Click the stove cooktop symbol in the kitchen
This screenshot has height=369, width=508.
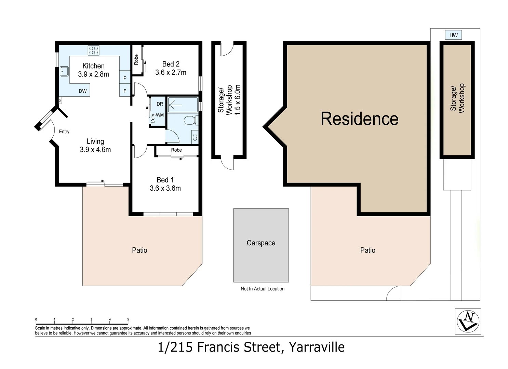tap(93, 51)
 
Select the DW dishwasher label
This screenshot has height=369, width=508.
tap(83, 91)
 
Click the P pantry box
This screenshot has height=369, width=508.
tap(125, 78)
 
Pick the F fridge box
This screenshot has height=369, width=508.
tap(125, 91)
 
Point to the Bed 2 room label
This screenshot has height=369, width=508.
tap(171, 64)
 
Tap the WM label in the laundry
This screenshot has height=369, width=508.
tap(160, 115)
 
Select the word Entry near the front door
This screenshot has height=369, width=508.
tap(64, 132)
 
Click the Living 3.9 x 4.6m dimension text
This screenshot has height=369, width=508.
tap(95, 150)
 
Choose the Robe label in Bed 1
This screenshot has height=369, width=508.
tap(176, 150)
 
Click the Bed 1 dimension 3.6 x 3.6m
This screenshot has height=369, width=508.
tap(165, 188)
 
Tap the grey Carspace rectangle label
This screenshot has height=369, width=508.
tap(261, 243)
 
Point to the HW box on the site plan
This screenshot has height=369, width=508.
tap(453, 35)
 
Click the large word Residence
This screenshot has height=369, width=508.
tap(359, 119)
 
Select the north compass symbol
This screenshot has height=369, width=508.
tap(468, 321)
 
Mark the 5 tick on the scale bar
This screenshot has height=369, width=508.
tap(128, 320)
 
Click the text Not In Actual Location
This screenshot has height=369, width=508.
tap(262, 289)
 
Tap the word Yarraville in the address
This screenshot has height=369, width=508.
tap(317, 347)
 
